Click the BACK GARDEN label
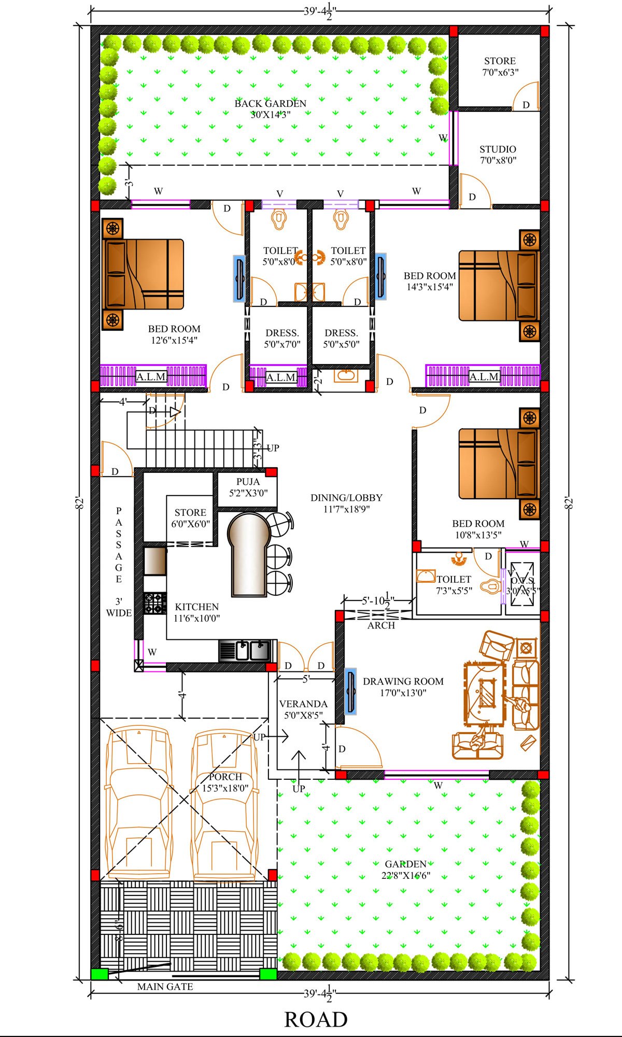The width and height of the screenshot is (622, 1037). [270, 104]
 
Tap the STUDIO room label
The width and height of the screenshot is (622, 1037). [498, 149]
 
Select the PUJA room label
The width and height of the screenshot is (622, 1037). [248, 482]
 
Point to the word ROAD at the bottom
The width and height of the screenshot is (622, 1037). [316, 1019]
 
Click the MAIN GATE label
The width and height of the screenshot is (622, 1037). [165, 987]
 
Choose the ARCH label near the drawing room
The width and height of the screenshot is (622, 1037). [381, 625]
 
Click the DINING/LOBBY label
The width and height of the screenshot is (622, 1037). [346, 498]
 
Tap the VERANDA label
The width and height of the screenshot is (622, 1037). [303, 704]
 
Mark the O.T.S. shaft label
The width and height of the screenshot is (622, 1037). [522, 580]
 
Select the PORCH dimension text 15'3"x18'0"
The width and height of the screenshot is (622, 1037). [225, 788]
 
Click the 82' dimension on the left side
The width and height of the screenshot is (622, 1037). [79, 503]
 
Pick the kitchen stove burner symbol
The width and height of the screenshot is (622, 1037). [155, 604]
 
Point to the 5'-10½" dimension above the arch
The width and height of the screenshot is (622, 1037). [378, 601]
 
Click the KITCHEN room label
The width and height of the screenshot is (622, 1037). [196, 607]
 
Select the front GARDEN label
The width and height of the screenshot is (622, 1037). [405, 864]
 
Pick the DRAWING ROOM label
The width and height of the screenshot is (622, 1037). [403, 681]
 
